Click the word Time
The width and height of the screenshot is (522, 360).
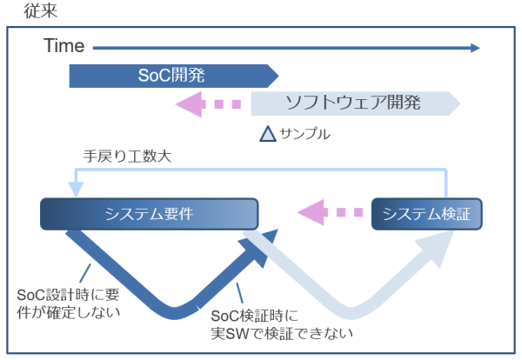coord(64,46)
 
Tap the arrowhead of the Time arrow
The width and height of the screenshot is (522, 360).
coord(474,47)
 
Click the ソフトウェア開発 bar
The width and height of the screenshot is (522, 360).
coord(353,103)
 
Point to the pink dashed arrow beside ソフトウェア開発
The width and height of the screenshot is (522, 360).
coord(209,103)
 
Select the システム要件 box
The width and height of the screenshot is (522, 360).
coord(149,214)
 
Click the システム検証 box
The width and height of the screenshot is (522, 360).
coord(426,214)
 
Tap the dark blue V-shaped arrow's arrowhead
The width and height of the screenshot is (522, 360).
coord(266,238)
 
